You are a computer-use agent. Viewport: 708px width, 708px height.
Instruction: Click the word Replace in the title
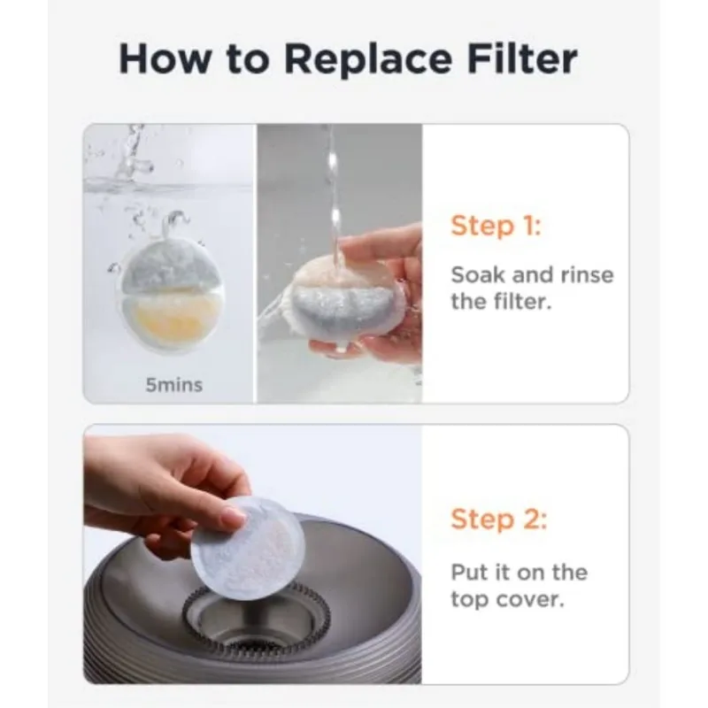click(368, 60)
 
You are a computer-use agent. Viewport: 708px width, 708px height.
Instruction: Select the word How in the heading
click(165, 58)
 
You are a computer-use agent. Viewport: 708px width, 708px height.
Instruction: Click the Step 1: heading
click(496, 225)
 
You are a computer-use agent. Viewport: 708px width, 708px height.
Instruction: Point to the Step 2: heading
click(499, 519)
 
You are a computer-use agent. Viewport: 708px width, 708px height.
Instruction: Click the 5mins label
click(173, 385)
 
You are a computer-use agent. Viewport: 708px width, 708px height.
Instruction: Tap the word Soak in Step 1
click(478, 274)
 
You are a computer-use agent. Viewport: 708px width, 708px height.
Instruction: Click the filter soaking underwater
click(172, 290)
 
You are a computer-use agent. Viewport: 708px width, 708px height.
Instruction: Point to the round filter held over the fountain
click(248, 548)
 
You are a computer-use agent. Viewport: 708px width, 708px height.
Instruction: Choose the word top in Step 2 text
click(469, 601)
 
